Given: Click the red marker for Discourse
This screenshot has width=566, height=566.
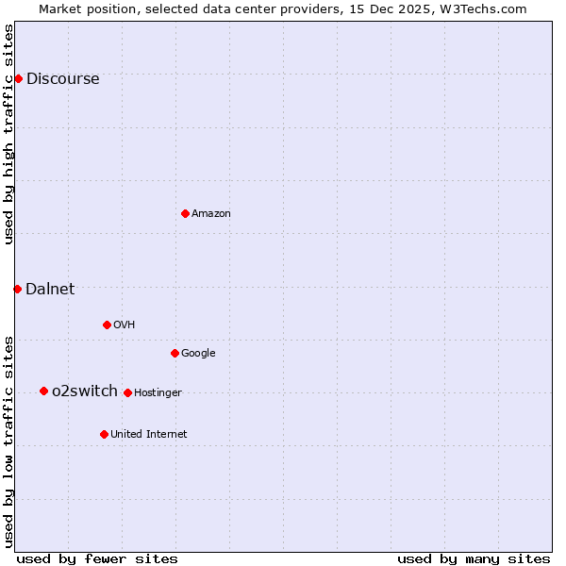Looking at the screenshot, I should (18, 78).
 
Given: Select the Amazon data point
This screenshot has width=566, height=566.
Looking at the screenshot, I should (185, 213).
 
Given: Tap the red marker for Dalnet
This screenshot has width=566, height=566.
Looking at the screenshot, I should (17, 289).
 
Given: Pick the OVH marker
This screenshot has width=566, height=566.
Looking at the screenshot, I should (107, 325).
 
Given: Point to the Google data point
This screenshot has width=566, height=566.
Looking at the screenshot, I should (175, 353).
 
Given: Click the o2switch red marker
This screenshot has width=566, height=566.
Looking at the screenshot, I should (43, 391).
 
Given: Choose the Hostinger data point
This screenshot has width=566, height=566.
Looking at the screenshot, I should (127, 392).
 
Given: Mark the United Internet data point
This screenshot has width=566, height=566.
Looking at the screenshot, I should (104, 434).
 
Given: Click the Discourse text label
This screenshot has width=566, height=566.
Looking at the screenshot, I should (62, 79).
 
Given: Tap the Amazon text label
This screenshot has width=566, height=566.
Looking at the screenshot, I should (211, 214).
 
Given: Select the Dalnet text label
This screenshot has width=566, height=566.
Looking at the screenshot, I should (50, 290).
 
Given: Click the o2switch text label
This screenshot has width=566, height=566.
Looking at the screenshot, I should (85, 391).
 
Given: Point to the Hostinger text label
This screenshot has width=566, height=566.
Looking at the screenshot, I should (158, 393).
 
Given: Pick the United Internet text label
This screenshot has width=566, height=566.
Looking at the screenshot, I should (149, 435).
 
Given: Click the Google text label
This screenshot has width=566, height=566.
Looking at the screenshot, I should (198, 354).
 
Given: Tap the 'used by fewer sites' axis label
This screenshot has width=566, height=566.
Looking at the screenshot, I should (97, 558).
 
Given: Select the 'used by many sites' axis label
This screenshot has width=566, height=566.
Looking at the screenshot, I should (474, 558).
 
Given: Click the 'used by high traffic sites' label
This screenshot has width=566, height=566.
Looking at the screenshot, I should (9, 134).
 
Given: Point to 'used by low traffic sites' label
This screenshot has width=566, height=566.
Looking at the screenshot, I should (9, 441).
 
